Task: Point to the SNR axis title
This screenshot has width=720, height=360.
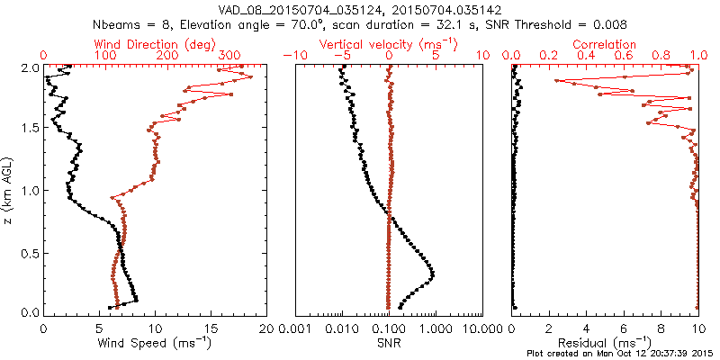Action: [389, 342]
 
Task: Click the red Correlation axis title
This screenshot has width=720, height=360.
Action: [605, 44]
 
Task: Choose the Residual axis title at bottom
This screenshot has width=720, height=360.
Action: [605, 342]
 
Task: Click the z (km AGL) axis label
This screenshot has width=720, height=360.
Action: [9, 190]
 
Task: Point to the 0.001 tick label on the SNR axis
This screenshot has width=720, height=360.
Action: [295, 328]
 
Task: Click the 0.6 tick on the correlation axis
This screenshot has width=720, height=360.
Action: [624, 56]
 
